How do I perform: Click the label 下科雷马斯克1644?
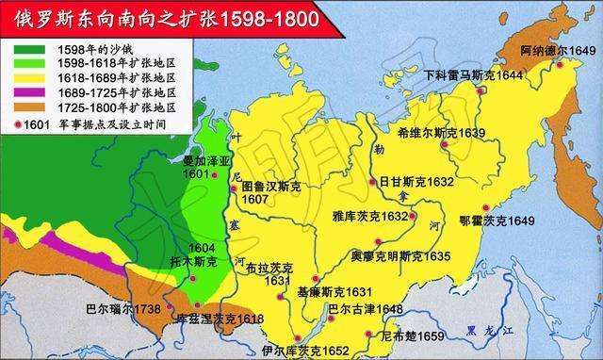471,74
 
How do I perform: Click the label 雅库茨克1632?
371,217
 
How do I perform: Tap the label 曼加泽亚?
201,162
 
